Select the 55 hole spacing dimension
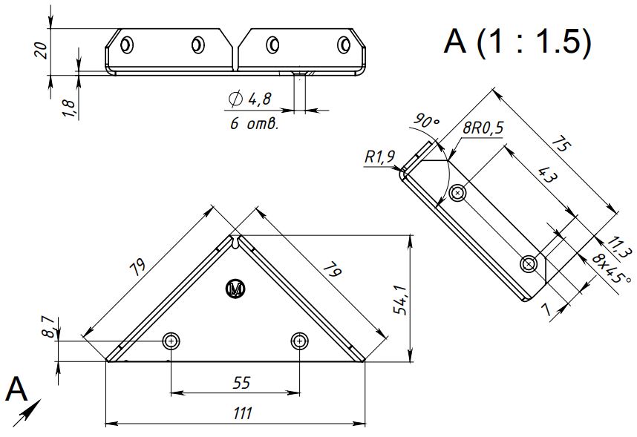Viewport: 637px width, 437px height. pyautogui.click(x=241, y=383)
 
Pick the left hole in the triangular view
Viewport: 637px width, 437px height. pyautogui.click(x=172, y=341)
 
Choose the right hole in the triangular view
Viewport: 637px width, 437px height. pyautogui.click(x=299, y=341)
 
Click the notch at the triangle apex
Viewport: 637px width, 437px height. pyautogui.click(x=236, y=243)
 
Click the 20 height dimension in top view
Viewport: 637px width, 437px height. pyautogui.click(x=42, y=50)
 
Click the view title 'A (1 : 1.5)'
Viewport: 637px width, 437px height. pyautogui.click(x=517, y=42)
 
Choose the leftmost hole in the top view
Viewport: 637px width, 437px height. pyautogui.click(x=128, y=45)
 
